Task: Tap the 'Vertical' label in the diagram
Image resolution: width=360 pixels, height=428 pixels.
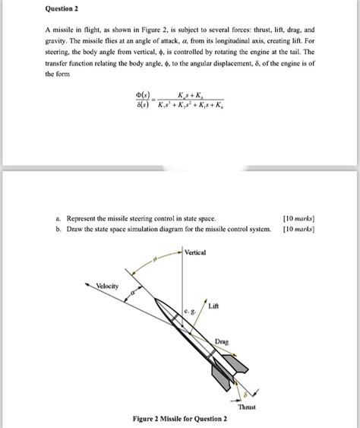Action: [195, 252]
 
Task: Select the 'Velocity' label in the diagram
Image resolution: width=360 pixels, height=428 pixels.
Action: [106, 285]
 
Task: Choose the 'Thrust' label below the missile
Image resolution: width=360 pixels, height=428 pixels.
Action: [247, 407]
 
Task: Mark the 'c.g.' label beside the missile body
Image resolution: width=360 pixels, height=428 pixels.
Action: [189, 311]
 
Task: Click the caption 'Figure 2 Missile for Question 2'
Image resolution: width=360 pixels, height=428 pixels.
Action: [180, 419]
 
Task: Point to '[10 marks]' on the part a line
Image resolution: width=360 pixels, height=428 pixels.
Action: [298, 217]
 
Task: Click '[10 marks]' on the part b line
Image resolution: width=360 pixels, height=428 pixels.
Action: [298, 227]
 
